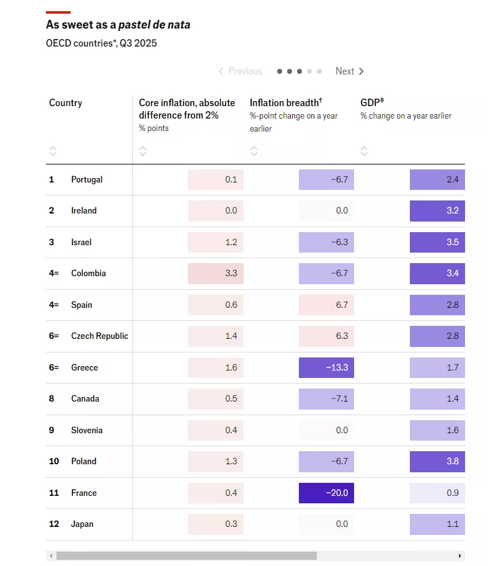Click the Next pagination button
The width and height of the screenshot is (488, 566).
click(350, 71)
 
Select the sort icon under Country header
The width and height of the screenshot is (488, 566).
click(53, 151)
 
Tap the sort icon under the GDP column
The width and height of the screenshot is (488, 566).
click(364, 151)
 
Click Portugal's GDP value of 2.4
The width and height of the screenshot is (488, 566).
click(437, 179)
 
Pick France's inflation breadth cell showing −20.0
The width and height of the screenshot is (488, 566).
click(326, 493)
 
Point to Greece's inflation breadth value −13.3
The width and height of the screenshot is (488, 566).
click(326, 367)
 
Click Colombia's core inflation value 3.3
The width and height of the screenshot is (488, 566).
click(216, 273)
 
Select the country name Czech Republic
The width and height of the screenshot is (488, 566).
click(100, 336)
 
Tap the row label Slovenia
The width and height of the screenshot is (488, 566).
click(87, 430)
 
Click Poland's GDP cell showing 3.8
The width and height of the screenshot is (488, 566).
click(437, 461)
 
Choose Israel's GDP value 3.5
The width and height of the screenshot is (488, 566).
click(437, 242)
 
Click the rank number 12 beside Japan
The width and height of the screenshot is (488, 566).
click(54, 524)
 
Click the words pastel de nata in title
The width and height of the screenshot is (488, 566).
click(154, 25)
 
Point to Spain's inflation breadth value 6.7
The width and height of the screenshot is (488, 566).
click(326, 305)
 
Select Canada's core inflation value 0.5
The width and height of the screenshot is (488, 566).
click(216, 398)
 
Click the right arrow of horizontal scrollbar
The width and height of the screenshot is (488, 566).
click(460, 555)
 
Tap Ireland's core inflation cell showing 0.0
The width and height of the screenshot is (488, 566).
click(216, 210)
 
